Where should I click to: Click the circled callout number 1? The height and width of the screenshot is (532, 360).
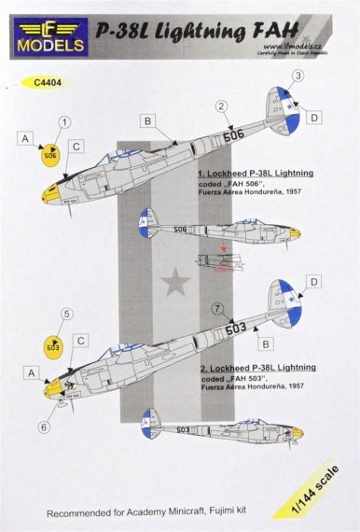point(64,122)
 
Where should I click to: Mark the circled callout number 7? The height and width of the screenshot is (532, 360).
point(242,308)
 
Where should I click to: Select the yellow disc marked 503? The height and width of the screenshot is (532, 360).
point(53,347)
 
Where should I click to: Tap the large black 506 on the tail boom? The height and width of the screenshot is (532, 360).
point(235,134)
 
